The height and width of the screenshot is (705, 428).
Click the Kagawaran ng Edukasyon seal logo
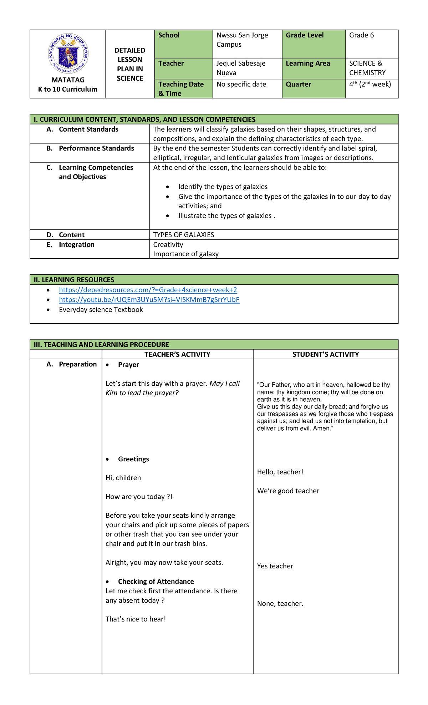tap(68, 54)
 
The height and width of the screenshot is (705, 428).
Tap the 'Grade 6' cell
tap(361, 35)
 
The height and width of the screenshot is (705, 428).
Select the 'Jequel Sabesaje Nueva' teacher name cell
tap(241, 68)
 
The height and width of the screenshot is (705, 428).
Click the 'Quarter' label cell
tap(299, 85)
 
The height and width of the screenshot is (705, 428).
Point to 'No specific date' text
tap(241, 85)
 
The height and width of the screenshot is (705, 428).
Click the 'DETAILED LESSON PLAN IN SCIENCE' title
tap(130, 64)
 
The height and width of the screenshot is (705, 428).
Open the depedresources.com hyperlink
tap(148, 290)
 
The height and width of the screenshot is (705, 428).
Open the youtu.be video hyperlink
tap(149, 300)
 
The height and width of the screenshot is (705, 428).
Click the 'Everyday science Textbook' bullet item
tap(101, 310)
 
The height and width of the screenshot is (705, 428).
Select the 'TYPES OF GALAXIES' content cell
tap(184, 235)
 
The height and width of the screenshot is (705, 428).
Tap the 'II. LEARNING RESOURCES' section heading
tap(74, 280)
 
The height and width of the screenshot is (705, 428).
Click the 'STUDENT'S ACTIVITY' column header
tap(325, 354)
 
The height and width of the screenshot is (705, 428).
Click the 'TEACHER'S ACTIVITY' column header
tap(177, 354)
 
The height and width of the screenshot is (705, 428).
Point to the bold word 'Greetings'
tap(133, 459)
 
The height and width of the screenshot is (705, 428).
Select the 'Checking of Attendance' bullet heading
tap(156, 582)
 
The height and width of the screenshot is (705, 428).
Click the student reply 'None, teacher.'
tap(280, 604)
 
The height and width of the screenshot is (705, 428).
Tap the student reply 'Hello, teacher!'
tap(280, 472)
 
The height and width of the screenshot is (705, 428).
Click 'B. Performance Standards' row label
tap(96, 148)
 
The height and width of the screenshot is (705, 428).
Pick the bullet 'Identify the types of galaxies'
tap(223, 187)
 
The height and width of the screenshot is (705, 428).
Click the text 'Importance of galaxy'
tap(186, 254)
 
